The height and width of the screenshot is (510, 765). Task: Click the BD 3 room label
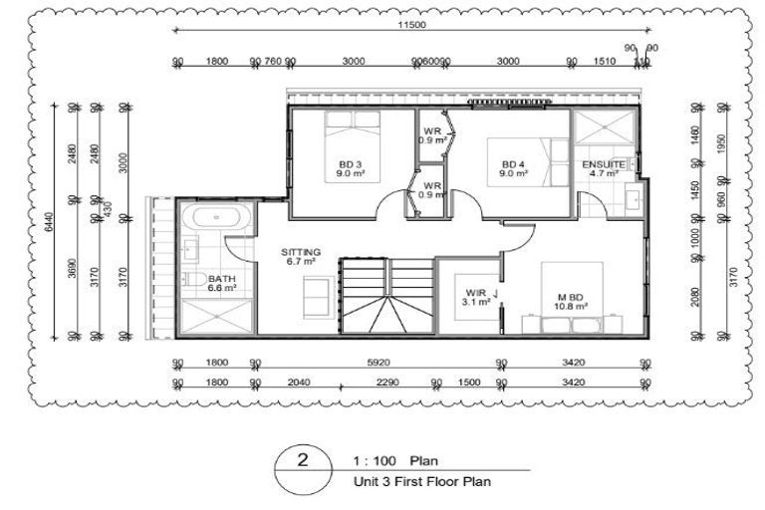point(346,164)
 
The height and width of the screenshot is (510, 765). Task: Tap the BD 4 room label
point(512,164)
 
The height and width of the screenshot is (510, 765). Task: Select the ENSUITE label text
point(605,163)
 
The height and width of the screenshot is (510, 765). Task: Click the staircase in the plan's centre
point(386,296)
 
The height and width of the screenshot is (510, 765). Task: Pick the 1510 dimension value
point(604,62)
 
